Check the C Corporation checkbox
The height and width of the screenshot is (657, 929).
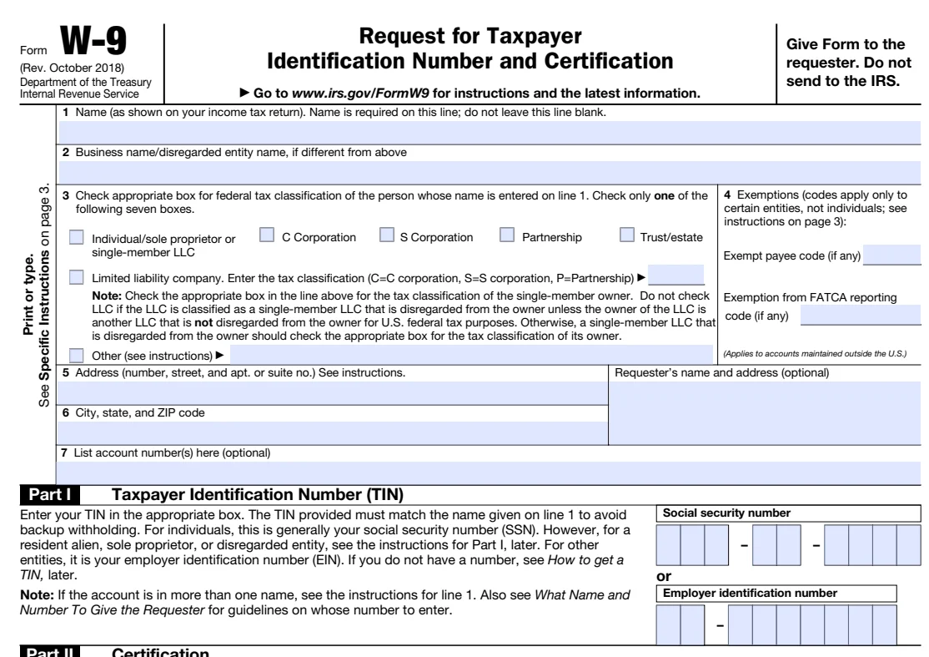click(266, 236)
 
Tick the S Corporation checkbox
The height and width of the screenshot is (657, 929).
click(386, 236)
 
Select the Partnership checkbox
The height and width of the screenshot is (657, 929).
click(507, 236)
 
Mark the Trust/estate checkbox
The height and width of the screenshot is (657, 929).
click(627, 236)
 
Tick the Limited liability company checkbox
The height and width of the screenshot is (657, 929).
click(77, 276)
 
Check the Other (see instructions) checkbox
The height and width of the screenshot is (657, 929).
click(77, 355)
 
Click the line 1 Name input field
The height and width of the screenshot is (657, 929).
click(492, 131)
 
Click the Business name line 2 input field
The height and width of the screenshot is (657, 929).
click(492, 171)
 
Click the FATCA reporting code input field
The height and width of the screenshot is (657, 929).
click(860, 315)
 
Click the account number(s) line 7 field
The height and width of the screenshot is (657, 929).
click(492, 473)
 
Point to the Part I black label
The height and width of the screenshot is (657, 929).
click(55, 495)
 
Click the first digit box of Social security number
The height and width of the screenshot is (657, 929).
click(669, 546)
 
